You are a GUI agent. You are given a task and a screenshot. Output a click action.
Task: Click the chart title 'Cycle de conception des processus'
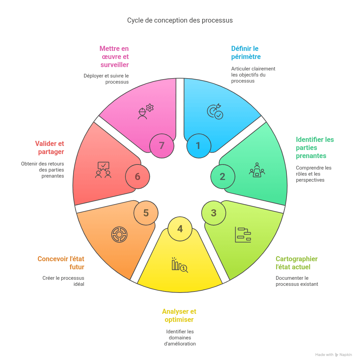click(180, 21)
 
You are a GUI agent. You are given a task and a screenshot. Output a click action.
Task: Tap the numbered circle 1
click(199, 146)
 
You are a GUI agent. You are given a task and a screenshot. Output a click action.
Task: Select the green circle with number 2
click(223, 177)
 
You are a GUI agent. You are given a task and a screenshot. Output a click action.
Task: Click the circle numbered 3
click(214, 213)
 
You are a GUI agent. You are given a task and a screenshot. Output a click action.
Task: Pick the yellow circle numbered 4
click(180, 229)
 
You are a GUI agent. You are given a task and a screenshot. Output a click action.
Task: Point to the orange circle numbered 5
click(146, 213)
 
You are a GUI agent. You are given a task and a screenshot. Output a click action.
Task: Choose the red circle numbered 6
click(138, 177)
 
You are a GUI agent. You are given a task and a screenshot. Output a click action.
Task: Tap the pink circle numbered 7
click(162, 146)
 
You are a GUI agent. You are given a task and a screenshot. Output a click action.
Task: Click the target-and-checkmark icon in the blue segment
click(215, 112)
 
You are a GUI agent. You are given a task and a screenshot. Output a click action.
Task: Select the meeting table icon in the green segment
click(257, 170)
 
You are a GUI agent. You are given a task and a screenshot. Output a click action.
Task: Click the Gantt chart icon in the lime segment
click(243, 235)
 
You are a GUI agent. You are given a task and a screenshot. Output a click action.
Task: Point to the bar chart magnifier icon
click(180, 265)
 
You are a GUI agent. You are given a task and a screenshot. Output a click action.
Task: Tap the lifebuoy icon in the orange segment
click(119, 235)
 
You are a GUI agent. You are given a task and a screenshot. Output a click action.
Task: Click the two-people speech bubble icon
click(103, 170)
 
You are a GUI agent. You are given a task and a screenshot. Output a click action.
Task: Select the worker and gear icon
click(146, 112)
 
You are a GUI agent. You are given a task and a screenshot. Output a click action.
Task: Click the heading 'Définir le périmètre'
click(246, 53)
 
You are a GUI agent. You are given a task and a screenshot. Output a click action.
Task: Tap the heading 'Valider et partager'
click(50, 148)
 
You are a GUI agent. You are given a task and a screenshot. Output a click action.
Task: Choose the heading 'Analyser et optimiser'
click(179, 315)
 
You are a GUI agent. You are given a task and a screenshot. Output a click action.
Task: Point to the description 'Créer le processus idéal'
click(63, 281)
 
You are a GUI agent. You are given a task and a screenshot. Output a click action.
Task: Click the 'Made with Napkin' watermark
click(334, 355)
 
